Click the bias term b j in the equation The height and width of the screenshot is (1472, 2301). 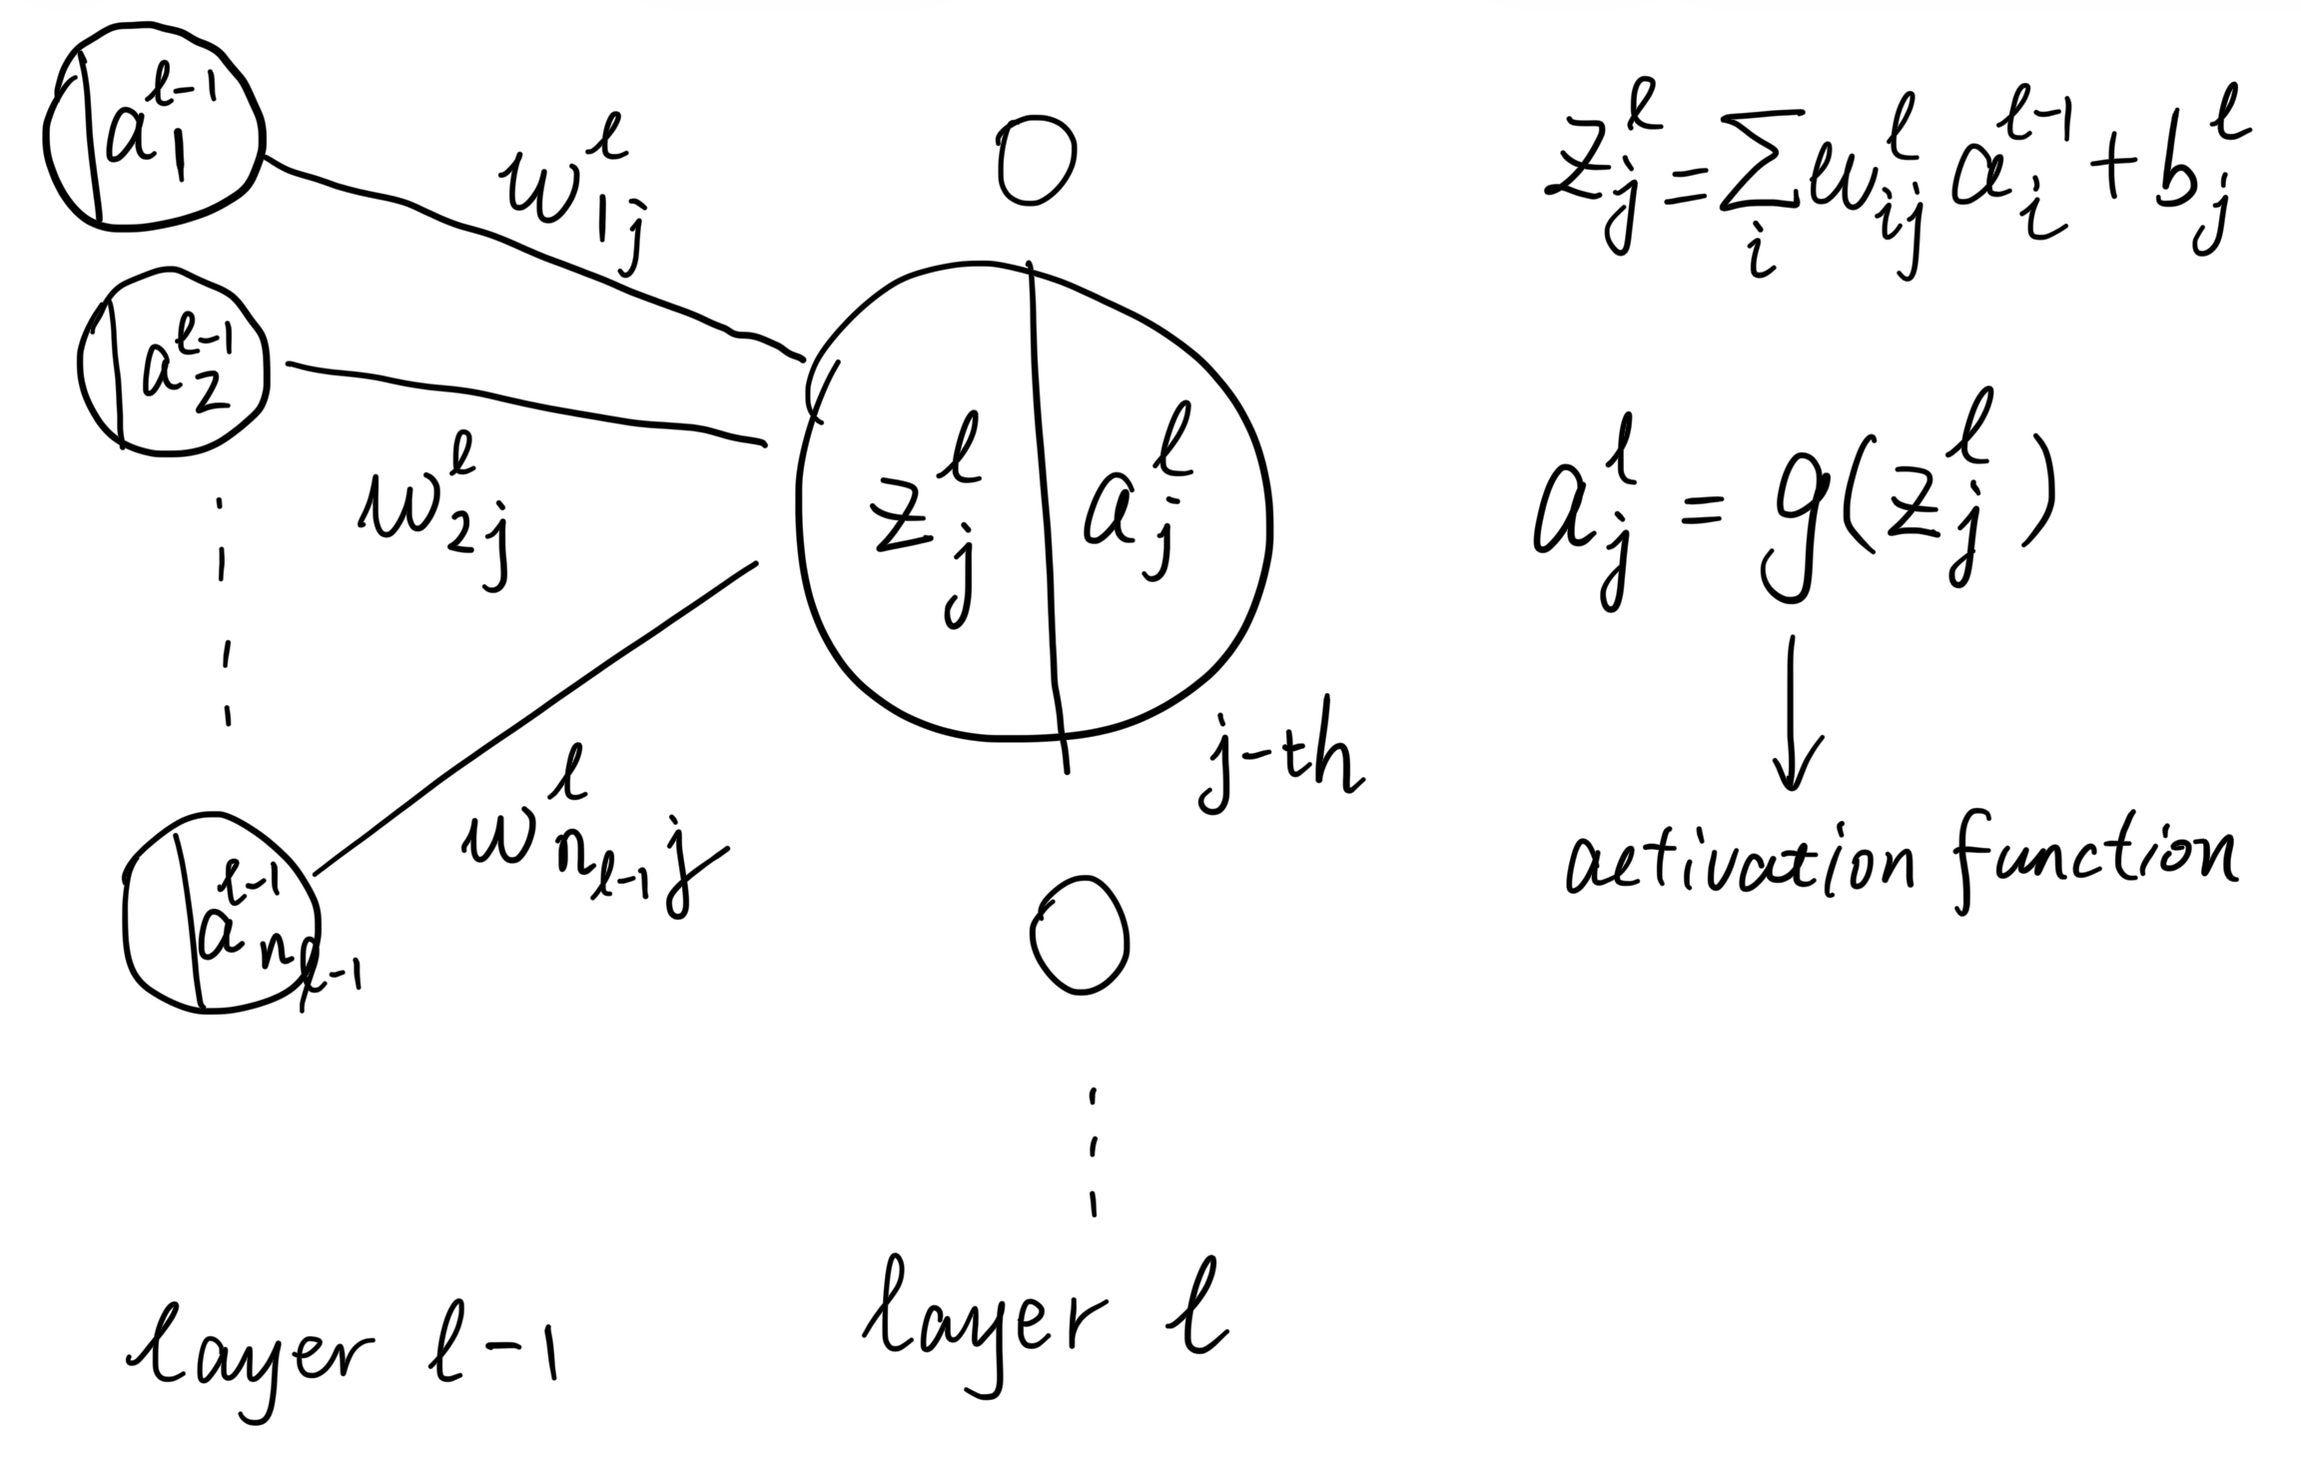coord(2192,190)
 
